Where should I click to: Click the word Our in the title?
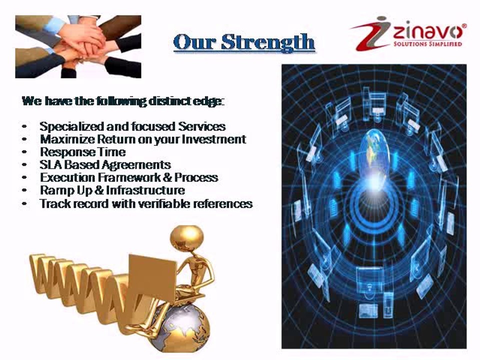194,42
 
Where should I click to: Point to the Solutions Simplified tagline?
427,44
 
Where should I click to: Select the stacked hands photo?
78,46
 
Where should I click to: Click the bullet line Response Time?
82,151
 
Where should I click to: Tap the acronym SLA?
50,164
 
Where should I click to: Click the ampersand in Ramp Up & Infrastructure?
99,190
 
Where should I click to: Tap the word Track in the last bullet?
54,203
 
